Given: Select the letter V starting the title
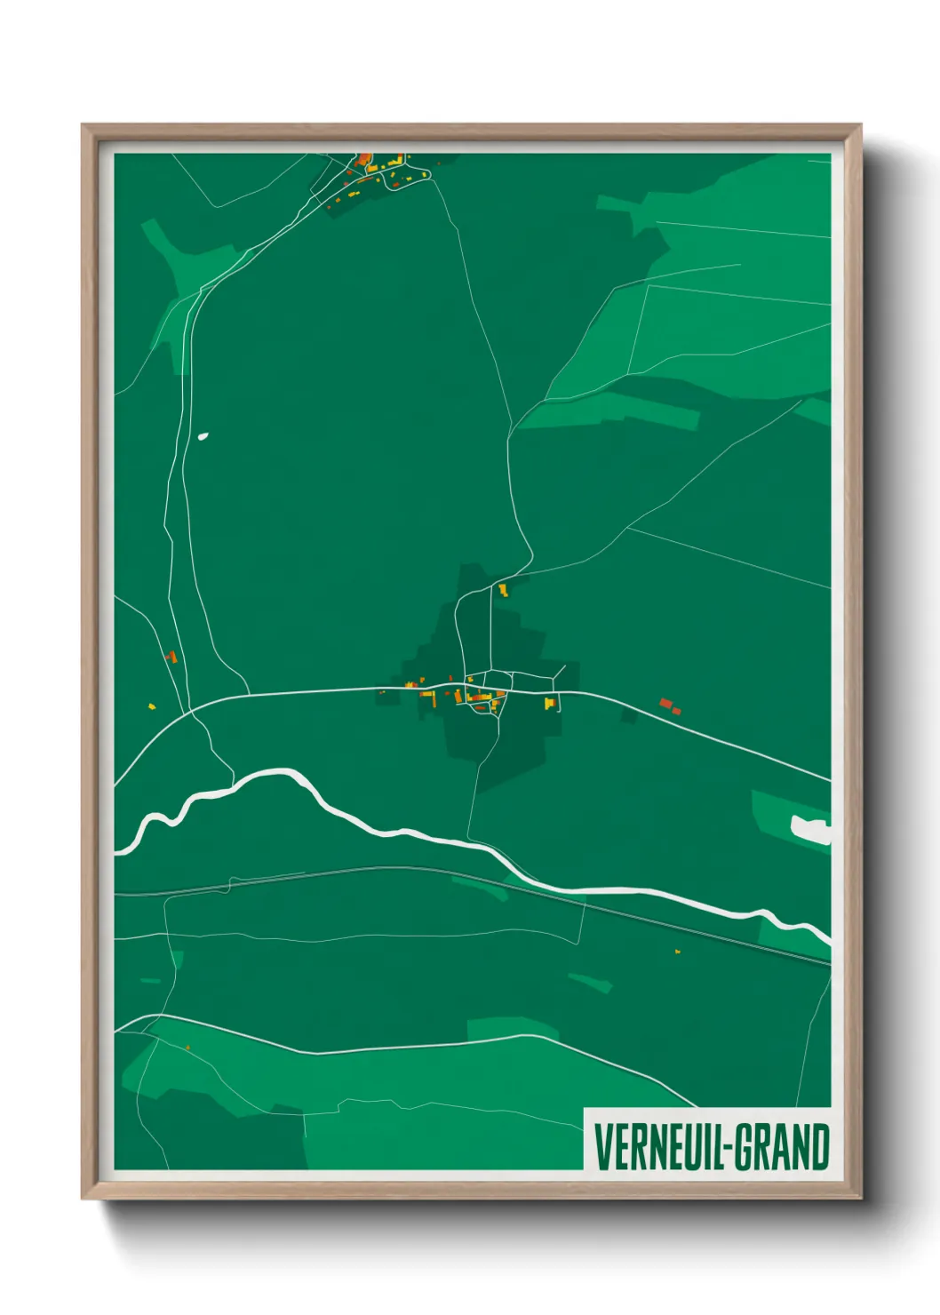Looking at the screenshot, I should (601, 1147).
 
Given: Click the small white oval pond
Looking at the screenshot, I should (203, 436).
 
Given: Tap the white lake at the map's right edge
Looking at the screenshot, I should (810, 829).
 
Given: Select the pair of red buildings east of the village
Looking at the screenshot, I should (670, 706).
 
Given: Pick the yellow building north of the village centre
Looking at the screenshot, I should (503, 589).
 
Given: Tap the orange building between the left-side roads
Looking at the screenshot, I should (171, 657).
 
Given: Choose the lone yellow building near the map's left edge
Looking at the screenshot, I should (152, 707).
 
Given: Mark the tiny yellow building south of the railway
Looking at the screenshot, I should (678, 952).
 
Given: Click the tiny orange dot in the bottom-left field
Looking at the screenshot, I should (188, 1048).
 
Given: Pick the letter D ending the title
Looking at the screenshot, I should (819, 1147).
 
